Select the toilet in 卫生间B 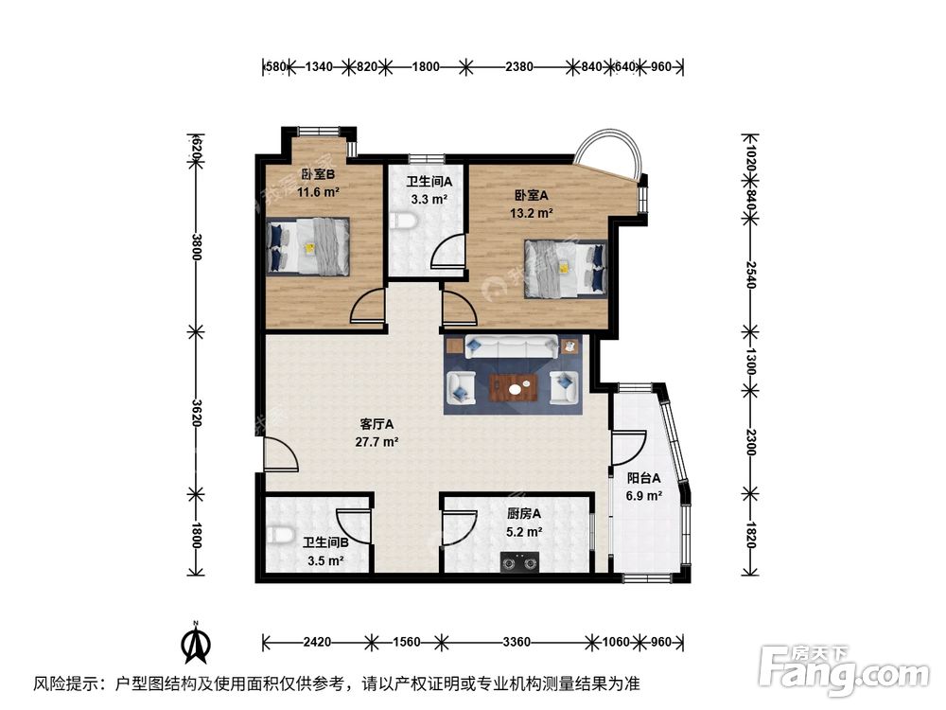277,536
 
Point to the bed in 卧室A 565,266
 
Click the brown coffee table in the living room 516,386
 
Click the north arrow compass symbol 196,646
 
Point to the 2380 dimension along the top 519,66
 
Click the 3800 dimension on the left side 196,248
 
